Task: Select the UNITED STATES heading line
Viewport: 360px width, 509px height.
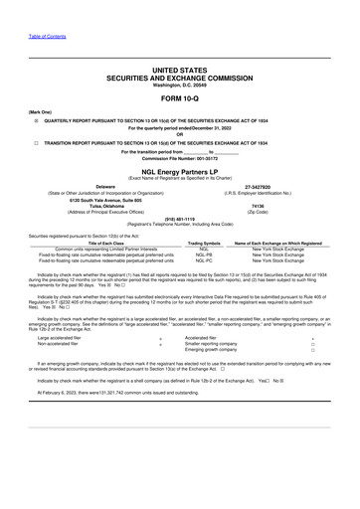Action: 180,72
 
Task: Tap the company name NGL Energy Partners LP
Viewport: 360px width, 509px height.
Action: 180,170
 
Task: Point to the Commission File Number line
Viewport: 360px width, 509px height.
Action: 180,158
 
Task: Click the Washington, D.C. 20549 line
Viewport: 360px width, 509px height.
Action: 180,85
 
